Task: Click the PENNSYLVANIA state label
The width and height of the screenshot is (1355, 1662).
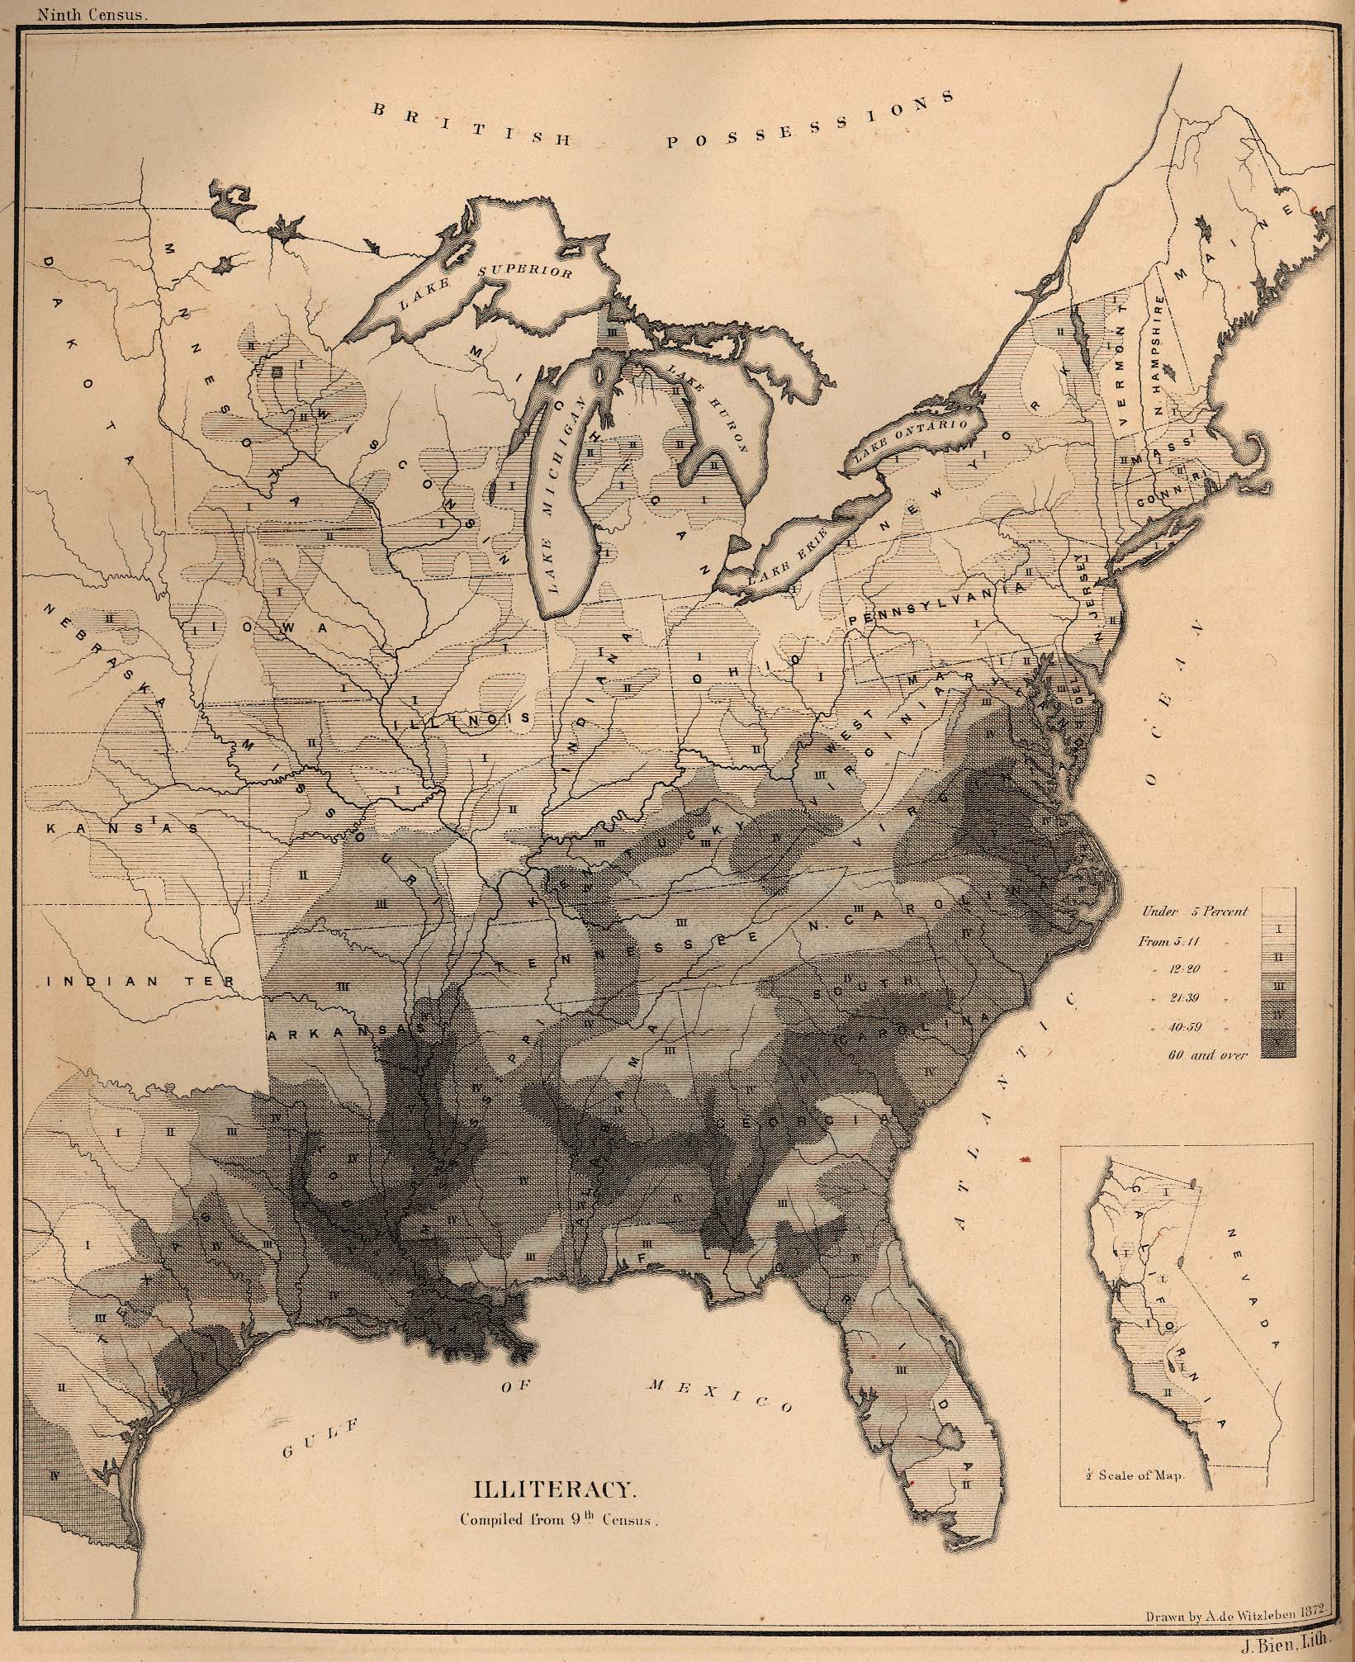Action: [936, 605]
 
